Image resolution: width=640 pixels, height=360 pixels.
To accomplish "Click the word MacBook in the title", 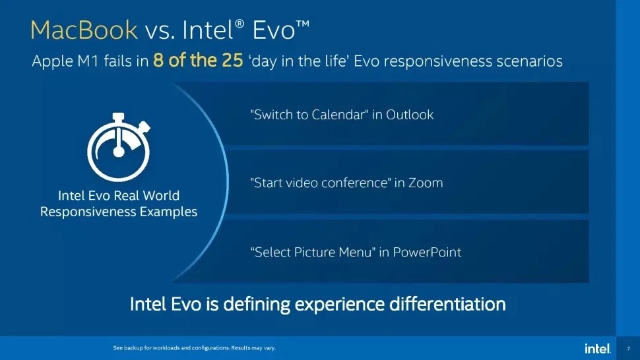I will [x=84, y=30].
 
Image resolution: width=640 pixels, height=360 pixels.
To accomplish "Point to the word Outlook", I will [x=410, y=115].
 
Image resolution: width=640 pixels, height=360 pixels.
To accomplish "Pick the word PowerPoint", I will [x=428, y=252].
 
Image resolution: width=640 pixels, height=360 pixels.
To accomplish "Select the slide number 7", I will [x=627, y=348].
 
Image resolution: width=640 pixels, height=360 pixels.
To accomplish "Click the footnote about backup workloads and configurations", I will [x=195, y=348].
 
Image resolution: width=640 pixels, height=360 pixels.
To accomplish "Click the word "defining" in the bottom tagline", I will [x=261, y=305].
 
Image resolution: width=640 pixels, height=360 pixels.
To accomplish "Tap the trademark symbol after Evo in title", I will [x=302, y=24].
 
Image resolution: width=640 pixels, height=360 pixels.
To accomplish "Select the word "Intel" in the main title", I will [x=206, y=30].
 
